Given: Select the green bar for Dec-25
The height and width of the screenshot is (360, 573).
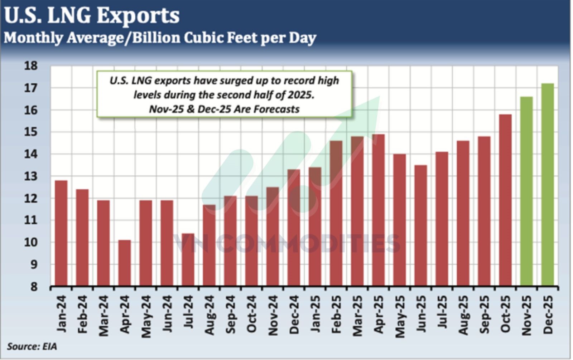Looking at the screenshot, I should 547,185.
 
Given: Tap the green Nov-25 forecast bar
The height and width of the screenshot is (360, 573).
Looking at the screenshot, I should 526,191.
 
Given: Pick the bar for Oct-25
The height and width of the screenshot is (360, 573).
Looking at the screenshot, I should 505,200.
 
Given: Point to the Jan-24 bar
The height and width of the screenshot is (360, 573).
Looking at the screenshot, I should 61,233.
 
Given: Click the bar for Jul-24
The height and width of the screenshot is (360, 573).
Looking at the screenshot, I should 188,260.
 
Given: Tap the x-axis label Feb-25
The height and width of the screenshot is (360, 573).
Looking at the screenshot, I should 336,315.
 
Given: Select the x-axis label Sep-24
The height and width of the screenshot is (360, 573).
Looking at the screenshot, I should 231,315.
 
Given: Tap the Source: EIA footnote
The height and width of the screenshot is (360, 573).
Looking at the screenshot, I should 32,346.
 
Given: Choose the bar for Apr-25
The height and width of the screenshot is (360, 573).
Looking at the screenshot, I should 378,210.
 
